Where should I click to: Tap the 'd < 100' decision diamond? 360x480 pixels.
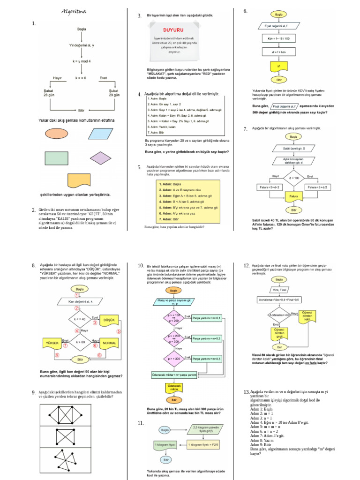(294, 178)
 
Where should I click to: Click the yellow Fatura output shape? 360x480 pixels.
(294, 196)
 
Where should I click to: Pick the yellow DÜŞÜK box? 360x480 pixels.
(109, 319)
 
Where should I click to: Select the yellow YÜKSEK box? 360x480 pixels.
(52, 343)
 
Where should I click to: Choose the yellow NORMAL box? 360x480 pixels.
(109, 343)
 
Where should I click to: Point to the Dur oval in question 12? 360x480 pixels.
(279, 347)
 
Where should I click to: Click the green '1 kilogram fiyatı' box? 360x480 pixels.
(165, 444)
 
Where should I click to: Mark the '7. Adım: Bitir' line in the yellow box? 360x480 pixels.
(170, 219)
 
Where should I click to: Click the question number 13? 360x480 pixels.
(246, 391)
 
